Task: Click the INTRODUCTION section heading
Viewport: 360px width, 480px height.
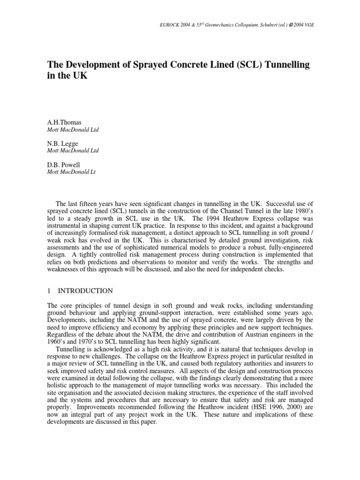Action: pyautogui.click(x=89, y=291)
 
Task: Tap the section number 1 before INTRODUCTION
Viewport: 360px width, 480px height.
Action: pyautogui.click(x=49, y=291)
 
